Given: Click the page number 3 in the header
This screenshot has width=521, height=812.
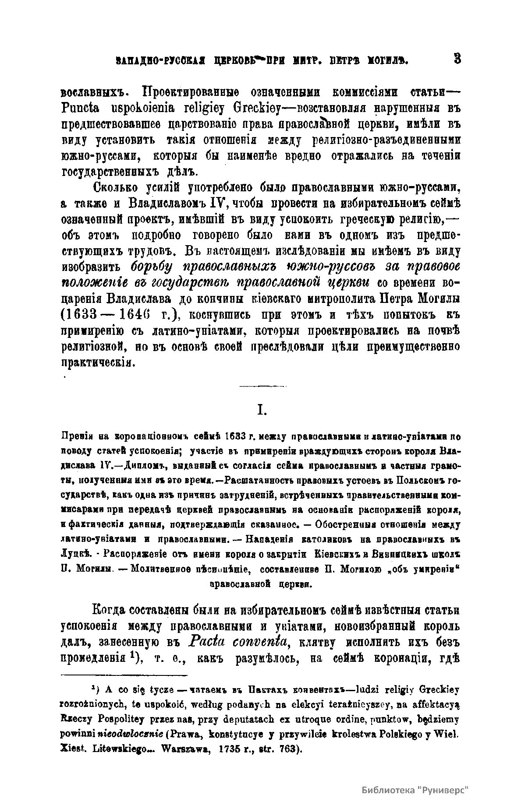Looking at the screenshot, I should [x=457, y=58].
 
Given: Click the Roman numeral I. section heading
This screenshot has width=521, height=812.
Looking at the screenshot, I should [x=262, y=410].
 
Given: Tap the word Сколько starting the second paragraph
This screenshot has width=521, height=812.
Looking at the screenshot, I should [x=115, y=189].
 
